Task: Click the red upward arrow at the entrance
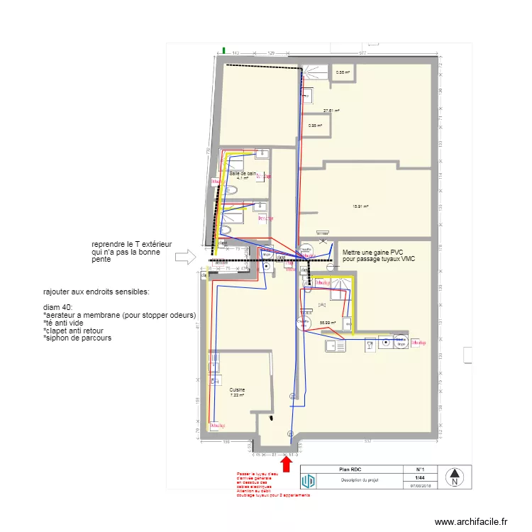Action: point(287,463)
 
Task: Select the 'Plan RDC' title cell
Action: point(348,469)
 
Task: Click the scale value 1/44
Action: point(419,477)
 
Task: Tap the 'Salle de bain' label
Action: point(243,173)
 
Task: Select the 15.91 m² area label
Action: point(361,207)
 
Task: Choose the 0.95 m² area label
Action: point(315,126)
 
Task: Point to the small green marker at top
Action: point(225,51)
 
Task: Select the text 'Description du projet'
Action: point(360,480)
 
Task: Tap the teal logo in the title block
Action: point(309,480)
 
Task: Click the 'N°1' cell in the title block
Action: point(419,469)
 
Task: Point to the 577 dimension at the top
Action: point(362,54)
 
